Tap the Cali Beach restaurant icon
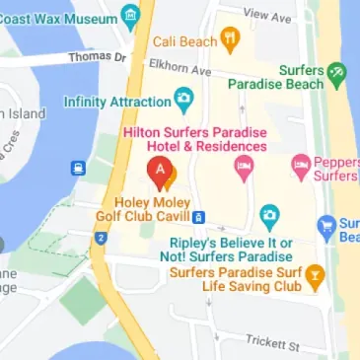[x=231, y=41]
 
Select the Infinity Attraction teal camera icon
[x=183, y=100]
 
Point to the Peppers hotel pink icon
[x=301, y=164]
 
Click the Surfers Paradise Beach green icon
[x=337, y=72]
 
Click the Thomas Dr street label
[x=97, y=57]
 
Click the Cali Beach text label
[x=183, y=41]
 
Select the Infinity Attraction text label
[x=116, y=101]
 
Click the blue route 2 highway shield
[x=101, y=238]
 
